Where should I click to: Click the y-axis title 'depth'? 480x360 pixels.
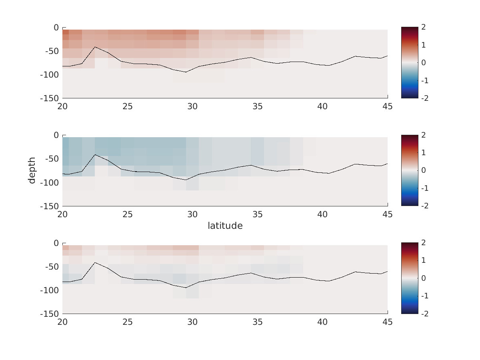32,170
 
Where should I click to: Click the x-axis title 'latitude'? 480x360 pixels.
225,226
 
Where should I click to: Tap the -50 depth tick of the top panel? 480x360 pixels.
51,51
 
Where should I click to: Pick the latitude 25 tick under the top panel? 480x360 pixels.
128,106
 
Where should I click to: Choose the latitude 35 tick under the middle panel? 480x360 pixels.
258,214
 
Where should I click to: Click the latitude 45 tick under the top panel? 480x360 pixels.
388,106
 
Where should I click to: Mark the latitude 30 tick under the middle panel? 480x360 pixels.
192,214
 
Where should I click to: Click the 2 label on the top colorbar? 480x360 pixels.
423,27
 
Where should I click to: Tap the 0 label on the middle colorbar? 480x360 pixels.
423,170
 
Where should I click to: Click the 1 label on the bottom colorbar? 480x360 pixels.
423,261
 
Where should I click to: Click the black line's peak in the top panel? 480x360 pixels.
95,47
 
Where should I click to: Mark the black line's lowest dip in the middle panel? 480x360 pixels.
186,180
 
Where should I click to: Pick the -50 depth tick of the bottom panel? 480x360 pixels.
51,267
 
